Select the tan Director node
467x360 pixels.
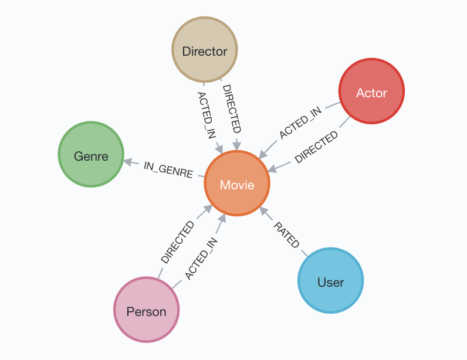(204, 51)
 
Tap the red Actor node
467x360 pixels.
(371, 92)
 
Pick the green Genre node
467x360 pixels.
(91, 156)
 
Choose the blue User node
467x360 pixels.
(330, 282)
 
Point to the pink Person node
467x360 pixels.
(146, 311)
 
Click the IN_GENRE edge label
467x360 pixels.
(168, 169)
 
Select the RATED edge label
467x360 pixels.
(287, 235)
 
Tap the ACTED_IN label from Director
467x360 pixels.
(206, 114)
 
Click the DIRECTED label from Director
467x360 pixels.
(232, 109)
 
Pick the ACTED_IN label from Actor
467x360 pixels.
(300, 123)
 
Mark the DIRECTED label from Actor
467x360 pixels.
(316, 147)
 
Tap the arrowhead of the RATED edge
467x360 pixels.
(263, 210)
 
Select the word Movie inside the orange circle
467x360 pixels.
(236, 185)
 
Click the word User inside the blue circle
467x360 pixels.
(330, 282)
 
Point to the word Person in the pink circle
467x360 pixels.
(146, 311)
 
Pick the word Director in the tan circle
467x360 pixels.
(204, 52)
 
